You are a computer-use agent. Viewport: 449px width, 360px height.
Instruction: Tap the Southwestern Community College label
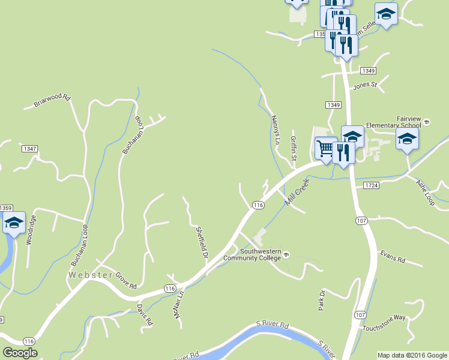click(x=261, y=254)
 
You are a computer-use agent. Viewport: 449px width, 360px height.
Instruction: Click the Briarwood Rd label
click(x=52, y=100)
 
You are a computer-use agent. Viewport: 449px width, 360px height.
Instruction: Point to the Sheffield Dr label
click(x=202, y=242)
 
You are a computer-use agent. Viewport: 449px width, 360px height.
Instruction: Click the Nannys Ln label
click(x=276, y=131)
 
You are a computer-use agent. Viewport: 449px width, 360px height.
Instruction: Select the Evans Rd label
click(x=393, y=257)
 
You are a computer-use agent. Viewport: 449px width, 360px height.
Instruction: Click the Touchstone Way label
click(x=384, y=322)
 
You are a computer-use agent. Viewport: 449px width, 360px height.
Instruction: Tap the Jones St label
click(x=364, y=85)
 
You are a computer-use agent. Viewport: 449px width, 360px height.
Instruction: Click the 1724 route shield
click(x=371, y=186)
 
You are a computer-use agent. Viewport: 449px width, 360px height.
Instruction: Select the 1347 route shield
click(x=29, y=148)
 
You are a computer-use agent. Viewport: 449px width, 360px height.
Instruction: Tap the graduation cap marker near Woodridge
click(x=14, y=223)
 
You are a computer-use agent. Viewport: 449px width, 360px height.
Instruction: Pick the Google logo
click(x=20, y=353)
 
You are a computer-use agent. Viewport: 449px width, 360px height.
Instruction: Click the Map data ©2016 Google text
click(x=412, y=355)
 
